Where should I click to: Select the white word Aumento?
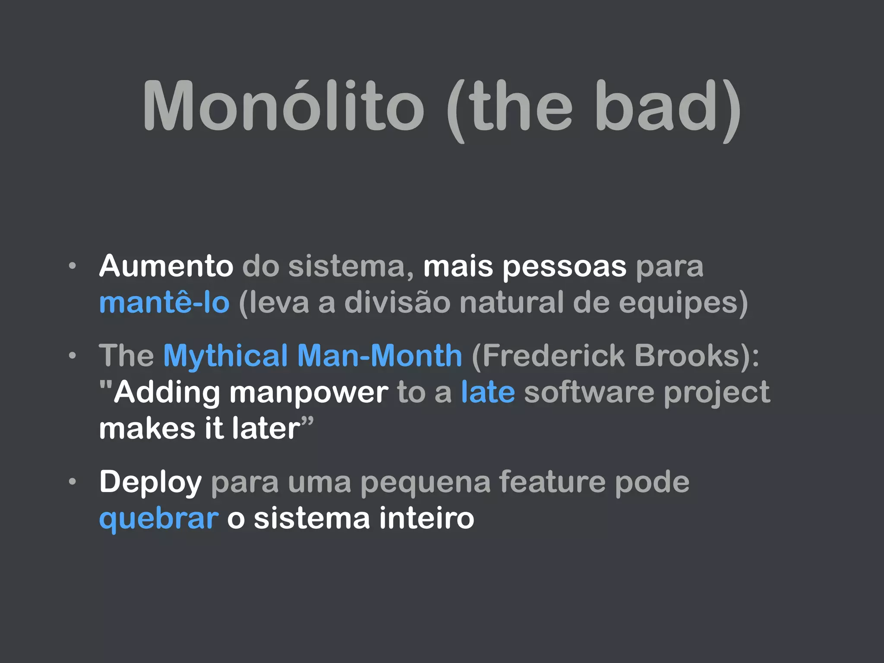(x=166, y=266)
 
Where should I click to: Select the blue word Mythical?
(x=225, y=357)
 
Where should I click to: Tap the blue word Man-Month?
(x=380, y=356)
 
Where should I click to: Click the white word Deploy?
(x=150, y=483)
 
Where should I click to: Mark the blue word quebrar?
(x=158, y=519)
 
